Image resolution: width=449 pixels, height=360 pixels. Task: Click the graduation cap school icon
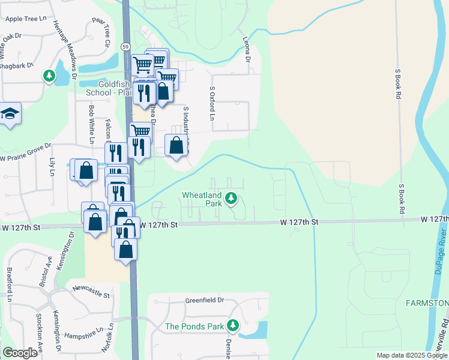[10, 114]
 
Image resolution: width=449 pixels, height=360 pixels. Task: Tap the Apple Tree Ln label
[26, 19]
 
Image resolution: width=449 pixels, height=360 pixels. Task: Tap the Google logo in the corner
[20, 353]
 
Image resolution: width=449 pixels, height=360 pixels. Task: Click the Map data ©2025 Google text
[411, 355]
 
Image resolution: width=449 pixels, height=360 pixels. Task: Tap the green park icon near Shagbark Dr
[49, 76]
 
